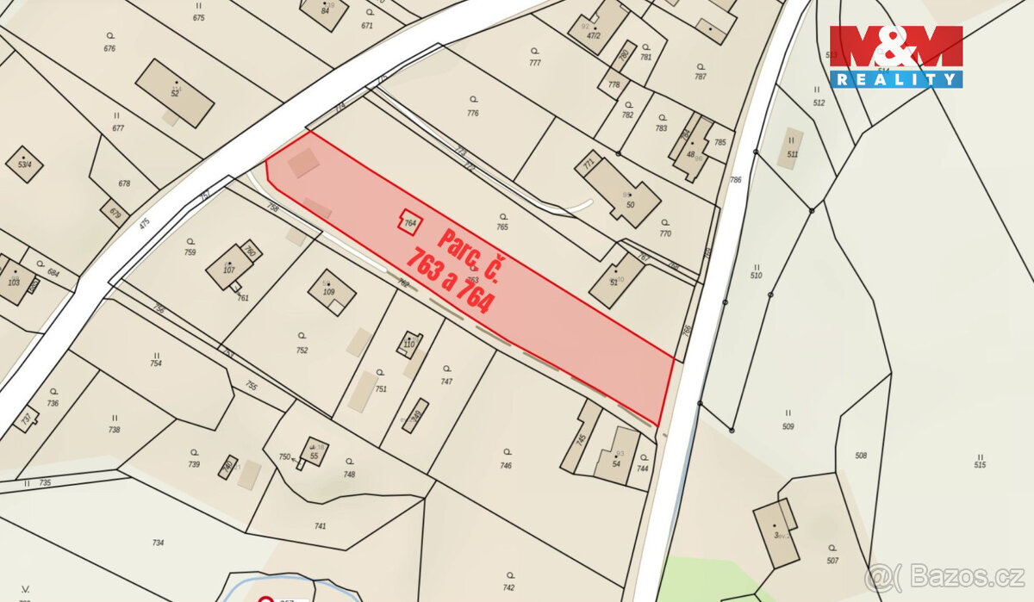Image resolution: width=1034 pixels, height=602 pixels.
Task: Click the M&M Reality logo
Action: click(x=895, y=56)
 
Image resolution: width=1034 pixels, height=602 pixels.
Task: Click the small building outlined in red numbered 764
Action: click(x=410, y=222)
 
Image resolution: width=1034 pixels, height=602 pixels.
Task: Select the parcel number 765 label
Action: click(x=502, y=227)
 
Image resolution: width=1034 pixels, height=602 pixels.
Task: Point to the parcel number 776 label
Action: click(x=472, y=113)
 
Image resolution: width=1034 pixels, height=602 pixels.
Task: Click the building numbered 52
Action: click(x=174, y=92)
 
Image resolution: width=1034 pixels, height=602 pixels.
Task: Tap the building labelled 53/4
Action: click(x=24, y=164)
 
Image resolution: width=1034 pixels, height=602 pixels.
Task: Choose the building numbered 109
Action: click(x=332, y=293)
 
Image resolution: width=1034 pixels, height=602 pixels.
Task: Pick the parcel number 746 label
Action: click(x=506, y=466)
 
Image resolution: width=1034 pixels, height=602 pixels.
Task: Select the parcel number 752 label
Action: click(x=302, y=351)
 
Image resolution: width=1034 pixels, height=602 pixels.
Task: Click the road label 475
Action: click(x=144, y=223)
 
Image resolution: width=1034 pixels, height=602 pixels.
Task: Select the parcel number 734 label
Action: click(x=158, y=543)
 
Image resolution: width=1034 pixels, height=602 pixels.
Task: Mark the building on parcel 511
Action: click(x=790, y=148)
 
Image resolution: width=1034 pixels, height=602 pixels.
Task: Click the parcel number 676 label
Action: click(x=109, y=48)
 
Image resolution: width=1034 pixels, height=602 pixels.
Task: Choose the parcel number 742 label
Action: click(x=508, y=587)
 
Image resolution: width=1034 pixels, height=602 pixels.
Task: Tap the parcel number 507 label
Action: click(x=832, y=561)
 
